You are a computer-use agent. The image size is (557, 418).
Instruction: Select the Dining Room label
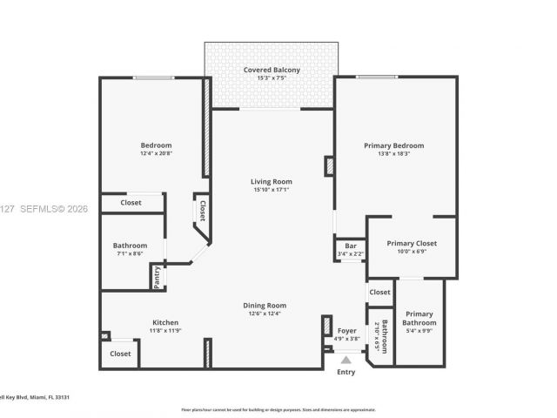[265, 305]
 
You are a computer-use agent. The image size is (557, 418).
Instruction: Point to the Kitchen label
[165, 322]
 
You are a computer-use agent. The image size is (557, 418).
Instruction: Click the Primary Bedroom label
[393, 145]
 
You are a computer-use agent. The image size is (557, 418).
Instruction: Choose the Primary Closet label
[412, 244]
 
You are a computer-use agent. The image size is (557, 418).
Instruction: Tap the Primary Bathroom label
[419, 318]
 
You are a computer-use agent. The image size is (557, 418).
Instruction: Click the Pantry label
[157, 278]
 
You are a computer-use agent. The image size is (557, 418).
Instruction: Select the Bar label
[351, 246]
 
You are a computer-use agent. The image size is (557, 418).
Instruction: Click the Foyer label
[346, 331]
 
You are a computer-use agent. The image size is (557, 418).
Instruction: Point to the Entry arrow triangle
[346, 359]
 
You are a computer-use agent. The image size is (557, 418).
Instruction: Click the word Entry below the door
[346, 372]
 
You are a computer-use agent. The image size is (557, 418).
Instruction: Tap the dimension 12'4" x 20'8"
[157, 153]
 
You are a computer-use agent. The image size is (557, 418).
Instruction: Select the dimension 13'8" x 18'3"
[393, 154]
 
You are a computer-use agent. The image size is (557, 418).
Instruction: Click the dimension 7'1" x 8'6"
[130, 254]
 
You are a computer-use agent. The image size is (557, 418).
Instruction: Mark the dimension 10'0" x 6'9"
[412, 253]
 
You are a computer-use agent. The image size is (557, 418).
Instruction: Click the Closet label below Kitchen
[120, 354]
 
